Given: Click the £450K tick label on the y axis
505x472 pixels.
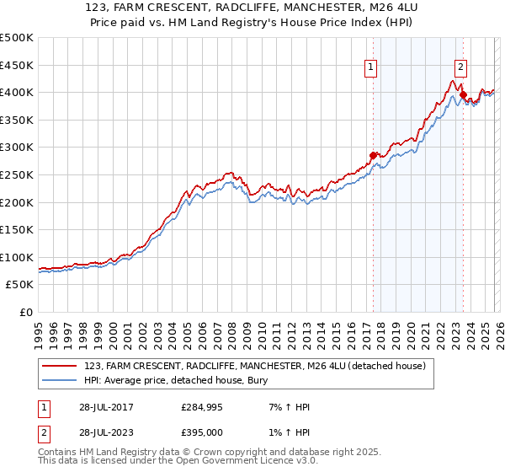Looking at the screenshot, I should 17,65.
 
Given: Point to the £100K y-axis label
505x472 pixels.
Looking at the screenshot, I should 17,257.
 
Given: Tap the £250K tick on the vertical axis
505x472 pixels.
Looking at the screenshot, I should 17,174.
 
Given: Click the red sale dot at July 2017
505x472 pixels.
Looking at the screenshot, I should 373,155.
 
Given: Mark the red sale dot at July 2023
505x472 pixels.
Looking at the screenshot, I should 463,94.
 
